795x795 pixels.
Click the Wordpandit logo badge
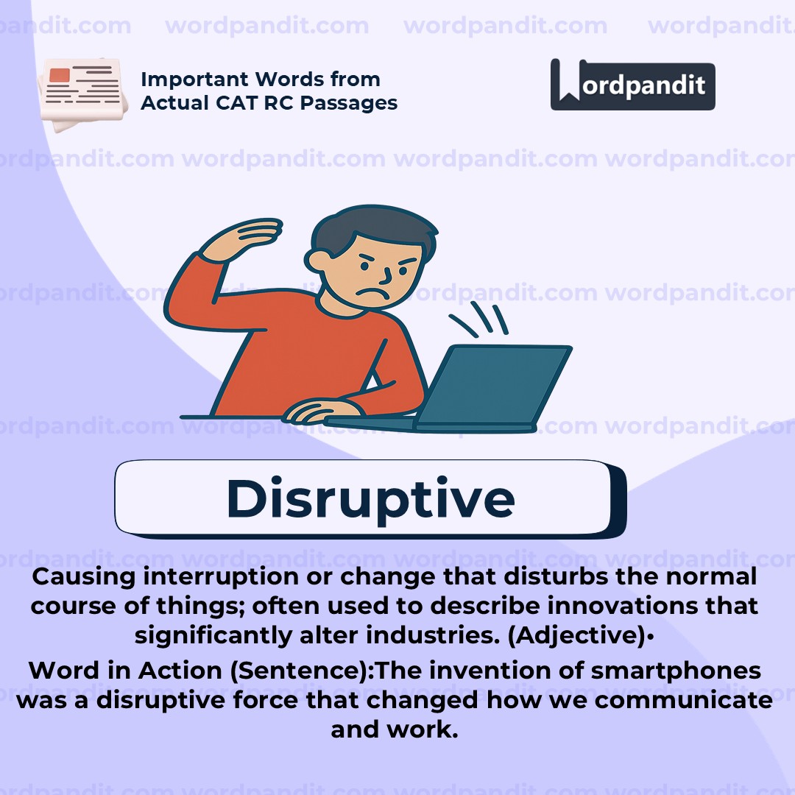pyautogui.click(x=632, y=85)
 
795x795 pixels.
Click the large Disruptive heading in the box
pyautogui.click(x=370, y=498)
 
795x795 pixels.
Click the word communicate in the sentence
pyautogui.click(x=683, y=700)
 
